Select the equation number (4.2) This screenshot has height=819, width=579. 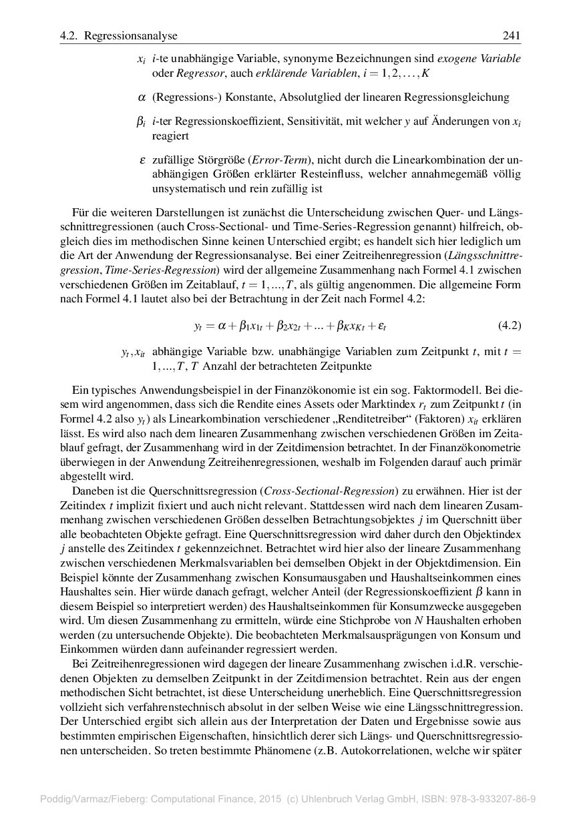pyautogui.click(x=510, y=326)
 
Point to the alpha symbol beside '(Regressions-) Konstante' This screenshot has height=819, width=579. pyautogui.click(x=142, y=97)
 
